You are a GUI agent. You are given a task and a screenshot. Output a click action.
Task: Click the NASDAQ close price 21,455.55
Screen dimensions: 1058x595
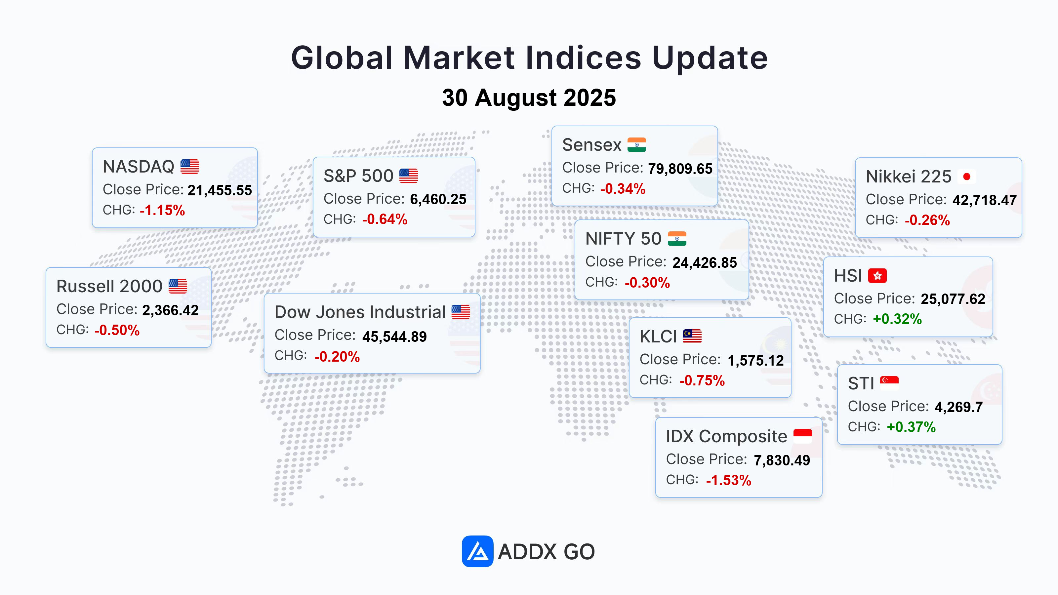click(220, 190)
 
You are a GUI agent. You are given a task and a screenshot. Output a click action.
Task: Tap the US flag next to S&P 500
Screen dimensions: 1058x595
click(409, 176)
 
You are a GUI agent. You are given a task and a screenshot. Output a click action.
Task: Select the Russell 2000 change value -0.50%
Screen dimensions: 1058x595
click(117, 330)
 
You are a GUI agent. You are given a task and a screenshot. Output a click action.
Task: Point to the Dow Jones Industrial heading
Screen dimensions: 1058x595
click(360, 312)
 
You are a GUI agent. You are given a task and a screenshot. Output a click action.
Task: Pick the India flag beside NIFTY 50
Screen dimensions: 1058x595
click(677, 239)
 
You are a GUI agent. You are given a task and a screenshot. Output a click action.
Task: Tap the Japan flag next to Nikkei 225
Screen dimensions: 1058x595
click(966, 177)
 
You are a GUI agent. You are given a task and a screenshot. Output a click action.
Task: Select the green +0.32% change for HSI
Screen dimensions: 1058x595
click(897, 319)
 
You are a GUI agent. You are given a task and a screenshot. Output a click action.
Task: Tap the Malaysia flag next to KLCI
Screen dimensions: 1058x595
click(692, 336)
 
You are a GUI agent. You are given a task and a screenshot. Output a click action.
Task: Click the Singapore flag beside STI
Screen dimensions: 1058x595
click(889, 383)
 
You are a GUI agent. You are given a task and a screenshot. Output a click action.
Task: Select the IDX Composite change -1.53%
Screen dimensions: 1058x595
click(729, 480)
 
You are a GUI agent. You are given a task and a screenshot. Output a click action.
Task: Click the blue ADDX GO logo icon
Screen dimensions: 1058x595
click(477, 551)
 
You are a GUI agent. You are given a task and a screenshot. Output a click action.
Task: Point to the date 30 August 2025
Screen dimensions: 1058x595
click(529, 98)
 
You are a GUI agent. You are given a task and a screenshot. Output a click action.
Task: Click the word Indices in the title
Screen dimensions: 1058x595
click(583, 58)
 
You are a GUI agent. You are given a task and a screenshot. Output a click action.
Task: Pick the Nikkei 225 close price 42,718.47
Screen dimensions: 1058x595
click(985, 200)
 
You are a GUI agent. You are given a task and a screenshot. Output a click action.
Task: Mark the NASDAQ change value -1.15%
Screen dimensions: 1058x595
click(162, 210)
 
